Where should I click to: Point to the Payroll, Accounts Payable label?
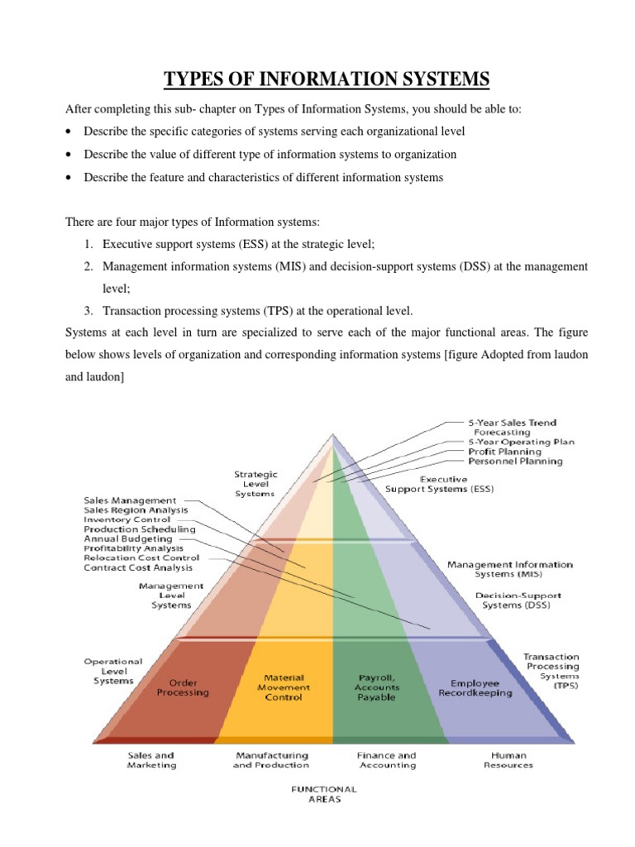377,687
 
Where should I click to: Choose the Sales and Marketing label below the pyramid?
152,760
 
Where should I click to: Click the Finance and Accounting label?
387,760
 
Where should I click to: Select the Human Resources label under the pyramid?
508,760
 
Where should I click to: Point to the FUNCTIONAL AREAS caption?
324,794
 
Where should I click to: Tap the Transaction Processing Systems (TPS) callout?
551,671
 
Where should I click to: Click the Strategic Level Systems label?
256,484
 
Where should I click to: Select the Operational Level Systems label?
113,671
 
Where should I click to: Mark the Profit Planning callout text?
505,452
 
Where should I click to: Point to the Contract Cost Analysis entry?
138,567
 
